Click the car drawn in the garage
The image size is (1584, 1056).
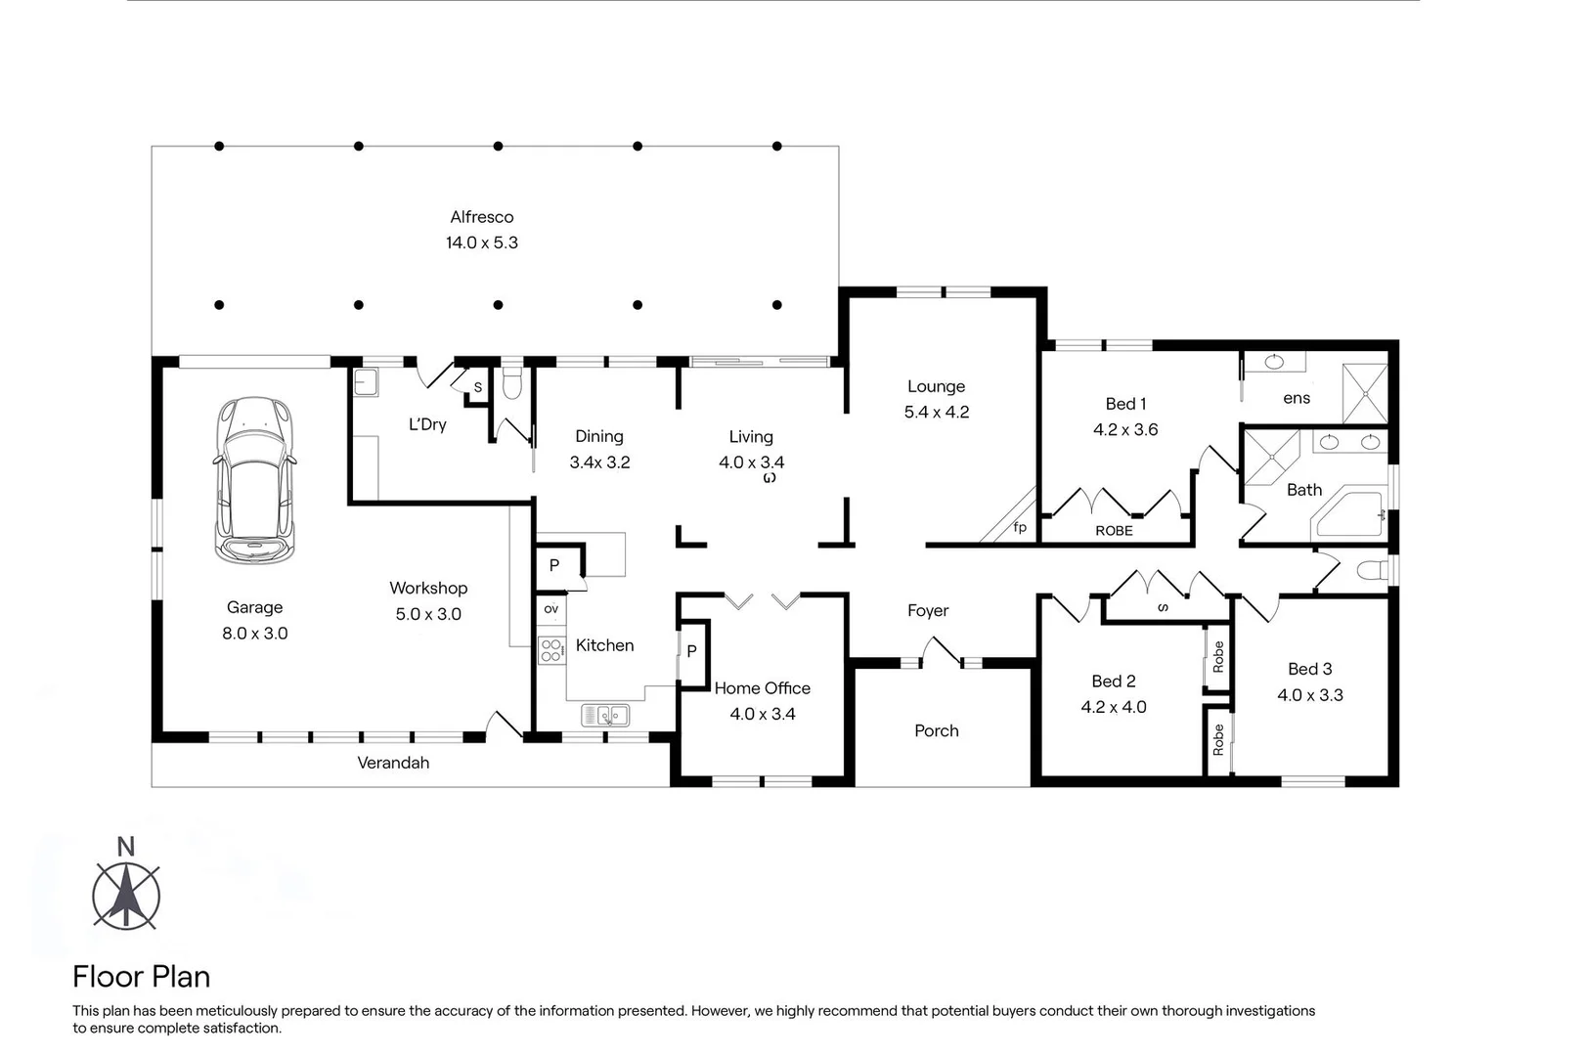coord(254,480)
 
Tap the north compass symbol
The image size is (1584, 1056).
coord(126,893)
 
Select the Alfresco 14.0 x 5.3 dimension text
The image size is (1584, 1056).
coord(481,242)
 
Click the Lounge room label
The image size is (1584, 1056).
coord(936,386)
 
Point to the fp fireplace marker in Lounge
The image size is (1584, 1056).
coord(1020,527)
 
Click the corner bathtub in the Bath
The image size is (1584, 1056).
coord(1349,512)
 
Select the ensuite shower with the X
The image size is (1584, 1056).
coord(1364,392)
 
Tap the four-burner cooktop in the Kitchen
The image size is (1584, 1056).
coord(551,650)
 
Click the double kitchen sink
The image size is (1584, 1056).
coord(605,716)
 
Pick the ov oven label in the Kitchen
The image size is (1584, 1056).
coord(551,608)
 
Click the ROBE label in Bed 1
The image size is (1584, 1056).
coord(1114,531)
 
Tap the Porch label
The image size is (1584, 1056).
coord(936,730)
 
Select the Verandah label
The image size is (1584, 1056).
coord(393,763)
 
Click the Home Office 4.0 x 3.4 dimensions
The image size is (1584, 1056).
coord(762,714)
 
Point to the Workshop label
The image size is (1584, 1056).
coord(428,588)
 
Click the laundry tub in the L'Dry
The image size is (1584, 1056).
coord(366,381)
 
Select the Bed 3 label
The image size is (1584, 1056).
coord(1309,669)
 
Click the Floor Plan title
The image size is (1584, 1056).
coord(141,976)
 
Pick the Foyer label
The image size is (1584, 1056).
coord(927,610)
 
